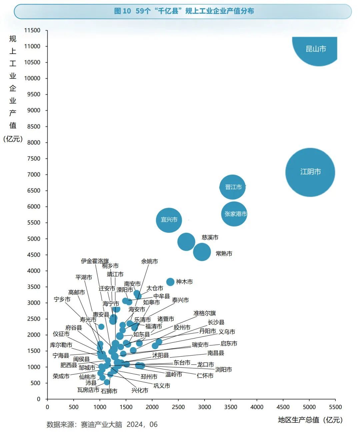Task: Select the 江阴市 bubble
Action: click(x=310, y=172)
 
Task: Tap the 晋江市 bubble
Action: click(x=233, y=187)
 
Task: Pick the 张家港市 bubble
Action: click(x=235, y=214)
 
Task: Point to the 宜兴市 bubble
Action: click(x=169, y=220)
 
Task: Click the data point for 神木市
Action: click(x=170, y=282)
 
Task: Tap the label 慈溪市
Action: click(x=210, y=237)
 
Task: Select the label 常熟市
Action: click(x=224, y=253)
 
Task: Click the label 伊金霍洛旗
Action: click(x=95, y=261)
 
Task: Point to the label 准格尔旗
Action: click(x=205, y=313)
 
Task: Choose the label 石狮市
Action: click(x=109, y=391)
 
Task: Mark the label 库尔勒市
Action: click(x=61, y=345)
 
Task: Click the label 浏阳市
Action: click(x=223, y=369)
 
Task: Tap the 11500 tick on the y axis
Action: click(x=32, y=30)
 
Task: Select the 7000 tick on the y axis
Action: click(x=34, y=175)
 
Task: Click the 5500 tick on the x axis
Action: click(x=335, y=407)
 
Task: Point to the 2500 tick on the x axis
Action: click(x=178, y=407)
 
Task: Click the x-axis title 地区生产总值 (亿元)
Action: click(x=310, y=420)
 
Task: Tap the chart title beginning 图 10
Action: click(x=184, y=11)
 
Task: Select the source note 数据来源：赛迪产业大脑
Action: click(x=102, y=424)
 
